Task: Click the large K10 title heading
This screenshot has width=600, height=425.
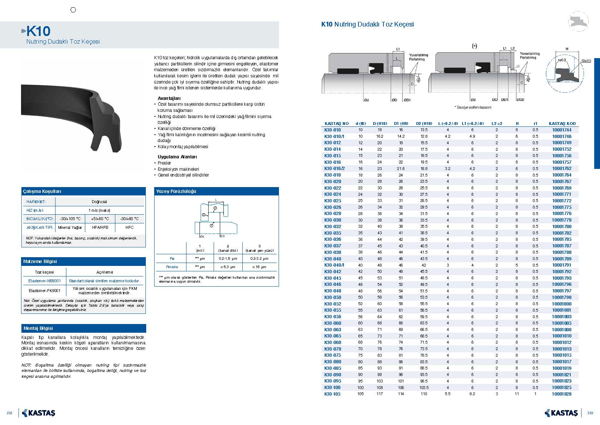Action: (x=38, y=31)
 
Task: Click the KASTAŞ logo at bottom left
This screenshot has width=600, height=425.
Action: (x=39, y=413)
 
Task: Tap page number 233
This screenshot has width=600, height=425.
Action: (x=590, y=413)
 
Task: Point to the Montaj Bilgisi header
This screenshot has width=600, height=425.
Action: (x=38, y=328)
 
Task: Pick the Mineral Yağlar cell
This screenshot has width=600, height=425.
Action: (x=70, y=227)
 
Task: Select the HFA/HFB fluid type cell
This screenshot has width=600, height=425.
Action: (x=100, y=227)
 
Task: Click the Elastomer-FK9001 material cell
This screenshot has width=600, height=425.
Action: (x=45, y=291)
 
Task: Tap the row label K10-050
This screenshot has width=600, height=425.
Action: (x=333, y=297)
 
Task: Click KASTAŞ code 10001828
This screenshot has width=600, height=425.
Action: (x=562, y=394)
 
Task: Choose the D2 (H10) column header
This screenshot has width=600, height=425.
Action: (x=424, y=124)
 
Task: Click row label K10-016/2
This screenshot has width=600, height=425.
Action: (x=334, y=169)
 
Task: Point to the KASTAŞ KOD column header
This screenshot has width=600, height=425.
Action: (x=562, y=124)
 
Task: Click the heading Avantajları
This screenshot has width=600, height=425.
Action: (x=169, y=98)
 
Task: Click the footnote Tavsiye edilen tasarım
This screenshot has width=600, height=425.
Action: (x=473, y=108)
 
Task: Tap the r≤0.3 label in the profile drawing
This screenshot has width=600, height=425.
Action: (x=561, y=60)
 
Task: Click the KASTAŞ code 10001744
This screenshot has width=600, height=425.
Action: (x=562, y=130)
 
